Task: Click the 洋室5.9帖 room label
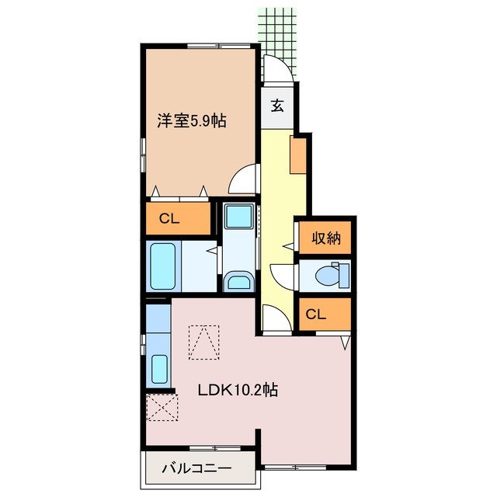coord(191,121)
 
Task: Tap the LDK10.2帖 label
coord(237,391)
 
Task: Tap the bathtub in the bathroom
coord(163,266)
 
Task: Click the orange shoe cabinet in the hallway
coord(298,155)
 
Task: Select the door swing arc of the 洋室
coord(245,180)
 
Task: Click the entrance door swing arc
coord(279,70)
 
